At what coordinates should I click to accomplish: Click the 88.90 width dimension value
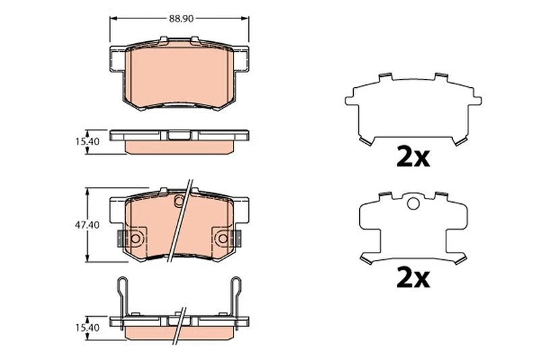coord(181,19)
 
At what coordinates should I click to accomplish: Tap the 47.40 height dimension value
coord(87,225)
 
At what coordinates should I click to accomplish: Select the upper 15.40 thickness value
coord(88,141)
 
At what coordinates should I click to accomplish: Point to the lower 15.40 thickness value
coord(88,328)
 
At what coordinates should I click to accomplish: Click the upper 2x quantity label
coord(413,157)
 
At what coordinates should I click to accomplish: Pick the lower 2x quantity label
coord(413,278)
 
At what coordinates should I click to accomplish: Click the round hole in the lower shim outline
coord(413,203)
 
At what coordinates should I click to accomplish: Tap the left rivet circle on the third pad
coord(135,238)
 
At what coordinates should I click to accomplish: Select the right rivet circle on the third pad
coord(223,238)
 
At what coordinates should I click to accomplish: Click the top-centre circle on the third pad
coord(179,200)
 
